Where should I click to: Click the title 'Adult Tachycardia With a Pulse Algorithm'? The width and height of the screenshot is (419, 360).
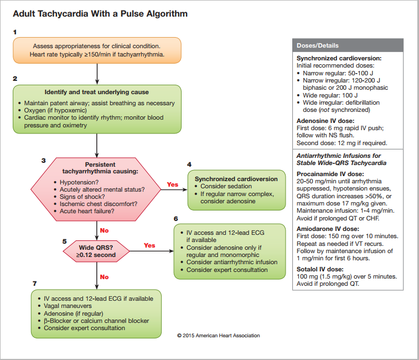point(100,13)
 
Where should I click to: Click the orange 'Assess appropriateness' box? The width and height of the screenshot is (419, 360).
point(97,50)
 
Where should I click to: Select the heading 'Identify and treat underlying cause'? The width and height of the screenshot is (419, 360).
point(97,92)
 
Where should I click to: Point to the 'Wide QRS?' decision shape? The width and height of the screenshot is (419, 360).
point(96,251)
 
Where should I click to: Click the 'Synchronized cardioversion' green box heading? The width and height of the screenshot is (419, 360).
point(236,179)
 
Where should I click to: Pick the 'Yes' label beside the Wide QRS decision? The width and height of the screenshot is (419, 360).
point(149,245)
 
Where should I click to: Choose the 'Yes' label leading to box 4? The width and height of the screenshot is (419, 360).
point(173,184)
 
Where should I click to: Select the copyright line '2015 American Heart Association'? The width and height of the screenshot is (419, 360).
point(218,336)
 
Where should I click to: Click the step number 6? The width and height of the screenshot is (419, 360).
point(176,219)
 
